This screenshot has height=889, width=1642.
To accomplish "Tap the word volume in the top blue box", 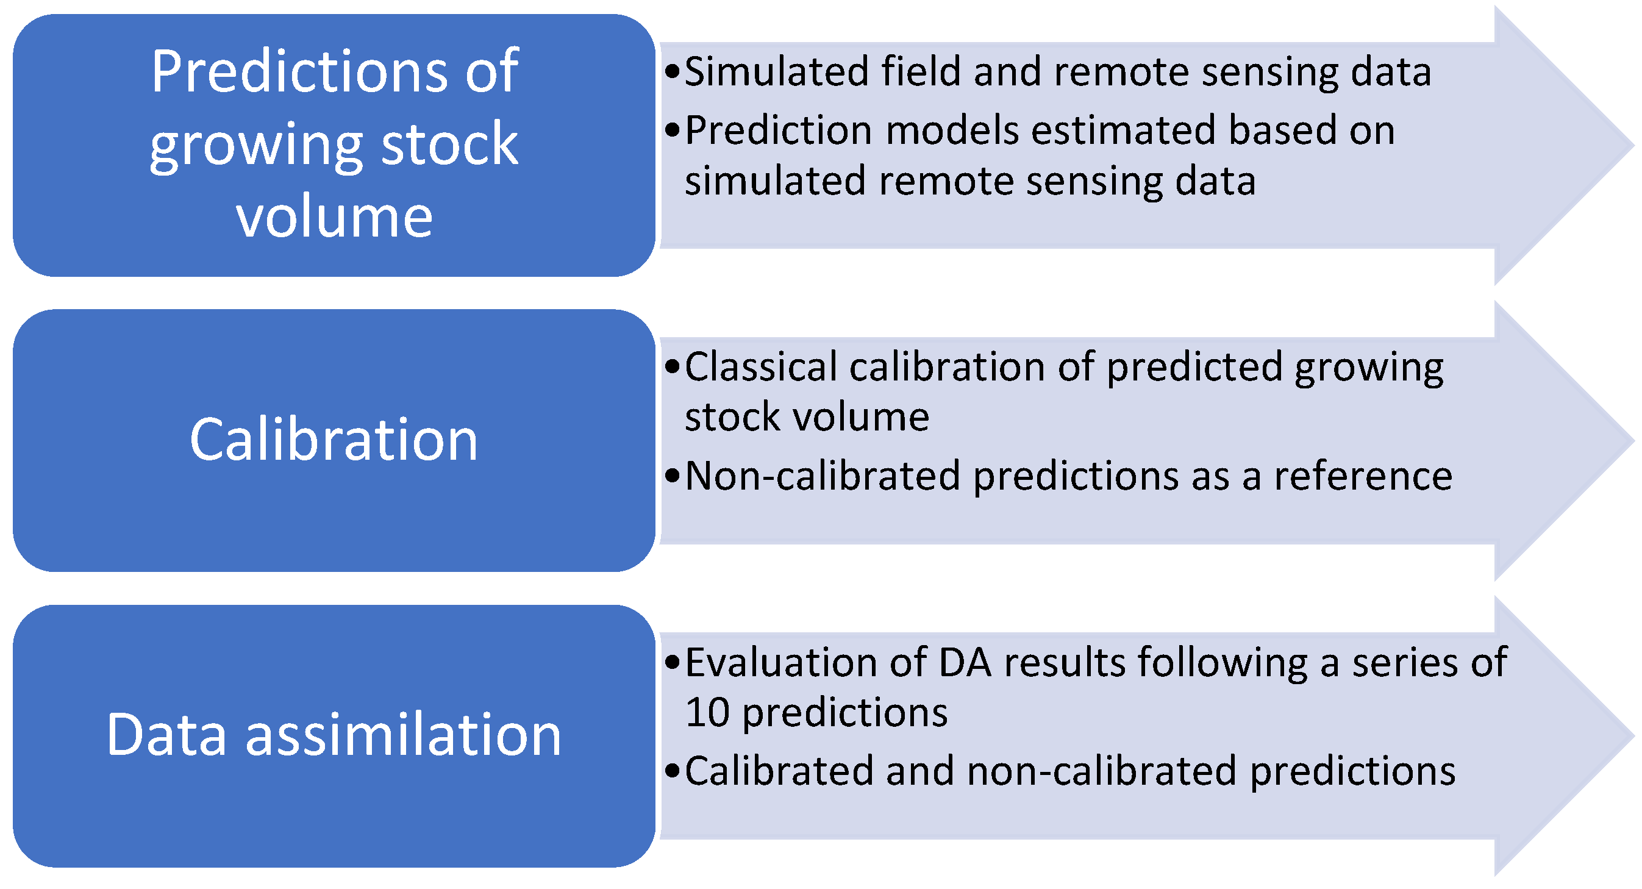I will tap(334, 217).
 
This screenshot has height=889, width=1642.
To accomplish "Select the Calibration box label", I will tap(334, 440).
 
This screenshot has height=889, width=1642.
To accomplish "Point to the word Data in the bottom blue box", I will tap(166, 735).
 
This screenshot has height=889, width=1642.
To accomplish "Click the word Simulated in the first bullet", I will tap(776, 71).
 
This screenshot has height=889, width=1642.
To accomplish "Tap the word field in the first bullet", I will tap(921, 71).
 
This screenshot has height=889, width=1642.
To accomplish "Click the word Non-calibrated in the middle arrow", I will tap(823, 476).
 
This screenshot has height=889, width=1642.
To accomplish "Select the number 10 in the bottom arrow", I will tap(707, 712).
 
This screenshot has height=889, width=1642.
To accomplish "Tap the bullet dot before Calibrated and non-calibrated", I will tap(673, 772).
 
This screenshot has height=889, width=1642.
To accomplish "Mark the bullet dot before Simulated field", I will tap(673, 71).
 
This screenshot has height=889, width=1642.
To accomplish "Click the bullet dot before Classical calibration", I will tap(673, 367).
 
